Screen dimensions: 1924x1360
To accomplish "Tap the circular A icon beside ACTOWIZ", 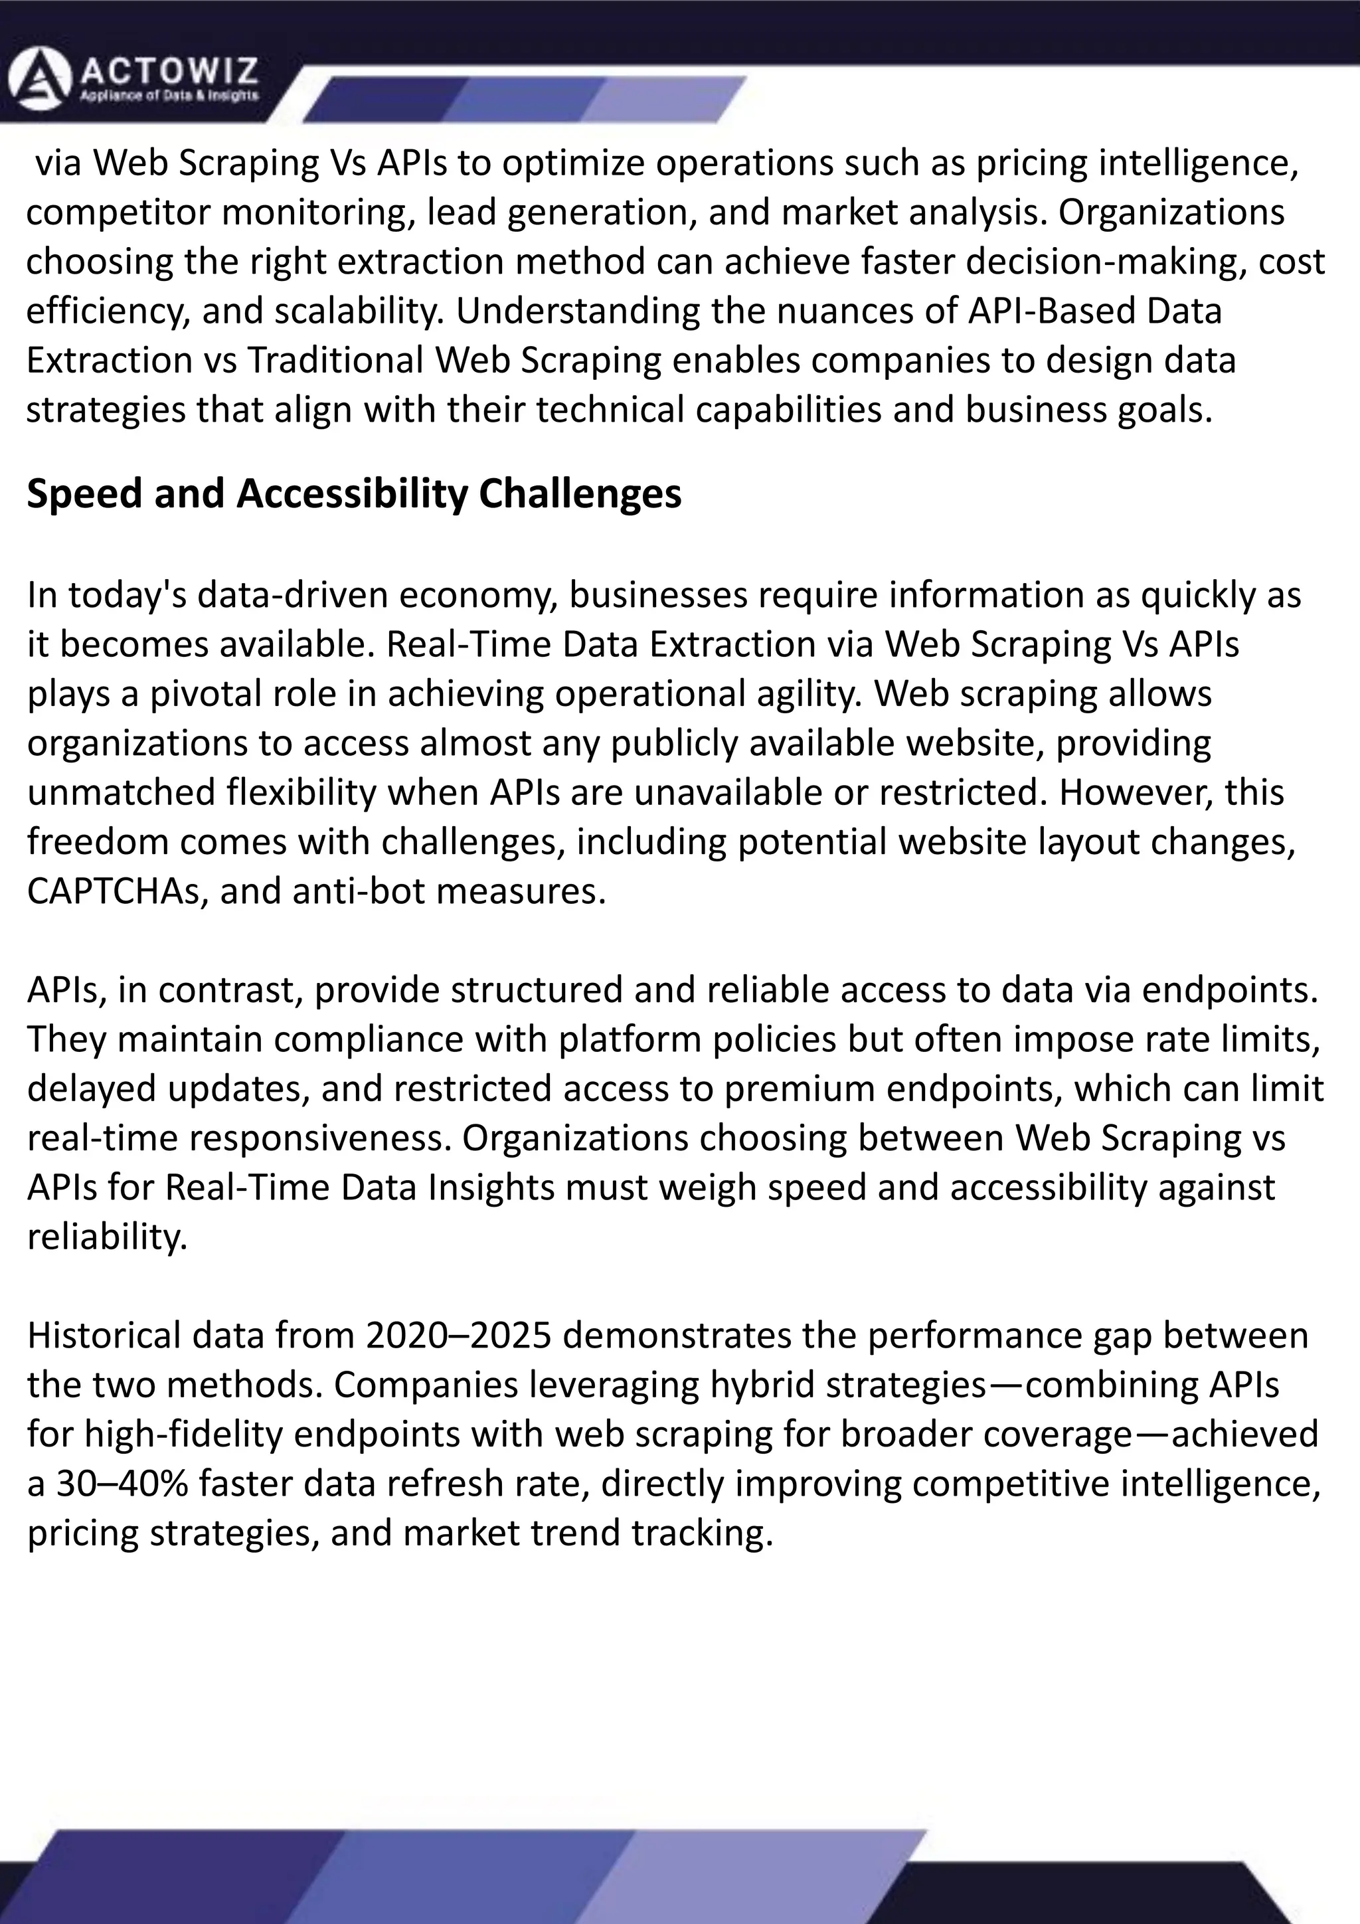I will [39, 79].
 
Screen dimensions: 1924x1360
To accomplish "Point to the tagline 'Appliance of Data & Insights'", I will [169, 96].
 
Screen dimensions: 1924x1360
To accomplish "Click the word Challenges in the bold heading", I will [580, 493].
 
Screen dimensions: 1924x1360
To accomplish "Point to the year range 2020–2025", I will [458, 1335].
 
